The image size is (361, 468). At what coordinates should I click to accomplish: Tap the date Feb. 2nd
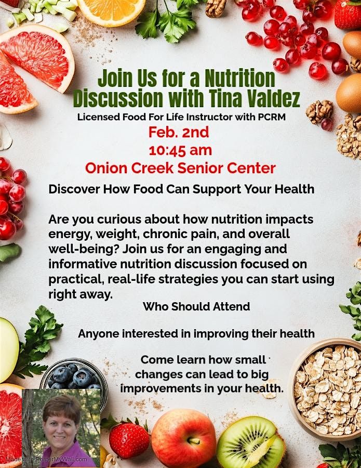point(179,132)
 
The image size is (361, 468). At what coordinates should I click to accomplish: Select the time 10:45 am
point(180,150)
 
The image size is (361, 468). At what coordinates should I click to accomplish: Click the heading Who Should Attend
point(196,306)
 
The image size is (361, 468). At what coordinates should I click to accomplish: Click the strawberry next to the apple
point(129,439)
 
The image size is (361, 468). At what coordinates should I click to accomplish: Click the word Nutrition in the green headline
point(239,78)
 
